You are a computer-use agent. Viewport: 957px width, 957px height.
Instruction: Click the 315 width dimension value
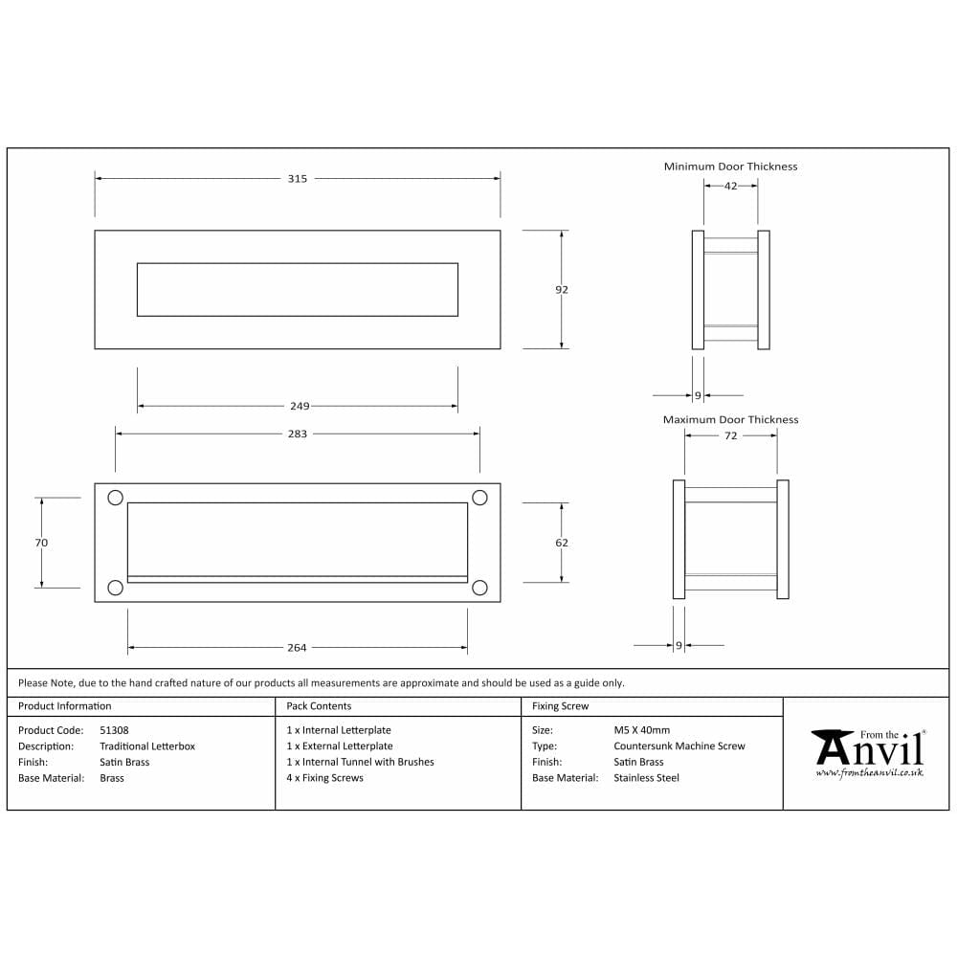tap(297, 179)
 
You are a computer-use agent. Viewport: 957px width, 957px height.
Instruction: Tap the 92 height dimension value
tap(562, 289)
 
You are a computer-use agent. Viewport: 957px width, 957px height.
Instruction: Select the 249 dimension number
tap(298, 407)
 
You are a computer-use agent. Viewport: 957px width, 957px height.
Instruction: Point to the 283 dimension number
tap(298, 434)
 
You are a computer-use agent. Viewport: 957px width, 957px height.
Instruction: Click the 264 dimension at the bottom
tap(297, 648)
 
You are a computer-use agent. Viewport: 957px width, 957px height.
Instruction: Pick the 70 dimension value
tap(41, 543)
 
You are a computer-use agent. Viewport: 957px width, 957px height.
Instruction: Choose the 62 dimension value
tap(562, 543)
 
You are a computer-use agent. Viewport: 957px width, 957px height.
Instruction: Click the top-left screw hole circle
tap(116, 498)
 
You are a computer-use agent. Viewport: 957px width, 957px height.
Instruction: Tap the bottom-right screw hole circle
tap(479, 588)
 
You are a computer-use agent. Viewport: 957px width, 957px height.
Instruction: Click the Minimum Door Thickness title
tap(730, 167)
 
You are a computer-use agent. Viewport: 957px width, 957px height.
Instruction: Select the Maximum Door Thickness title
tap(730, 420)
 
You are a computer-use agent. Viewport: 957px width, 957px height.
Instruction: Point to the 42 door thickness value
tap(730, 187)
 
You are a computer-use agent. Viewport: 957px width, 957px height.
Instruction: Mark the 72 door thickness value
tap(730, 435)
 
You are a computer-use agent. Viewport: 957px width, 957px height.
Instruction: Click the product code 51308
tap(114, 730)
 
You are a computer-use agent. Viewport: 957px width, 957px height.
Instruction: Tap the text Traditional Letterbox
tap(146, 746)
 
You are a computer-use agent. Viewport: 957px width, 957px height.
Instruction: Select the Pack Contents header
tap(319, 706)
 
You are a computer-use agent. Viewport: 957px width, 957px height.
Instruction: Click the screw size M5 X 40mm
tap(642, 730)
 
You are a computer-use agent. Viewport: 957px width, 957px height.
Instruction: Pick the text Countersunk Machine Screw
tap(679, 746)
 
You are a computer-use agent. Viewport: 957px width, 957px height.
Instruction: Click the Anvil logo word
tap(868, 748)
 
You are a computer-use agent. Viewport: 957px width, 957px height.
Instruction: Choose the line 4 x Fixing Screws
tap(324, 778)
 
